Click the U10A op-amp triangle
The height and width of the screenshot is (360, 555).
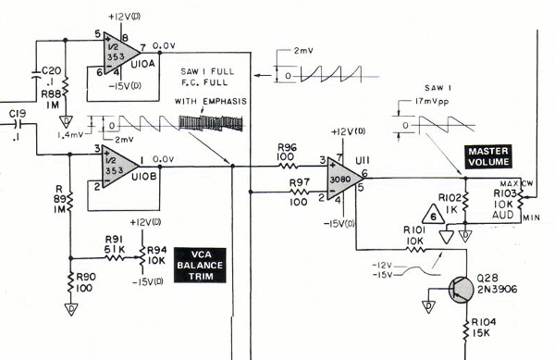[121, 55]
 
